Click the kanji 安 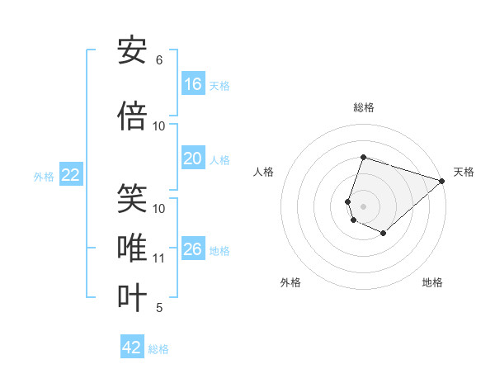pyautogui.click(x=133, y=51)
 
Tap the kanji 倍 pyautogui.click(x=133, y=116)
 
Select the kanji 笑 pyautogui.click(x=133, y=199)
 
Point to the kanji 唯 pyautogui.click(x=133, y=247)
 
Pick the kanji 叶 pyautogui.click(x=133, y=296)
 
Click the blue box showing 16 pyautogui.click(x=193, y=84)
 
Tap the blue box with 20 pyautogui.click(x=193, y=159)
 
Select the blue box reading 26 pyautogui.click(x=193, y=249)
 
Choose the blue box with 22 pyautogui.click(x=71, y=175)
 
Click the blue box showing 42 pyautogui.click(x=132, y=348)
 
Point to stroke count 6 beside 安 pyautogui.click(x=159, y=60)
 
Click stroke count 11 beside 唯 pyautogui.click(x=159, y=258)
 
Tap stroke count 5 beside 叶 pyautogui.click(x=159, y=308)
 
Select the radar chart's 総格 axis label pyautogui.click(x=363, y=107)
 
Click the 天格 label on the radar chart pyautogui.click(x=464, y=172)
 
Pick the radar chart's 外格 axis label pyautogui.click(x=290, y=282)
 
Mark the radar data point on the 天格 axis pyautogui.click(x=442, y=181)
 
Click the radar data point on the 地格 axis pyautogui.click(x=384, y=234)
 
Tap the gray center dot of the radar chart pyautogui.click(x=363, y=206)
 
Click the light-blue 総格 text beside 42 pyautogui.click(x=158, y=349)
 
